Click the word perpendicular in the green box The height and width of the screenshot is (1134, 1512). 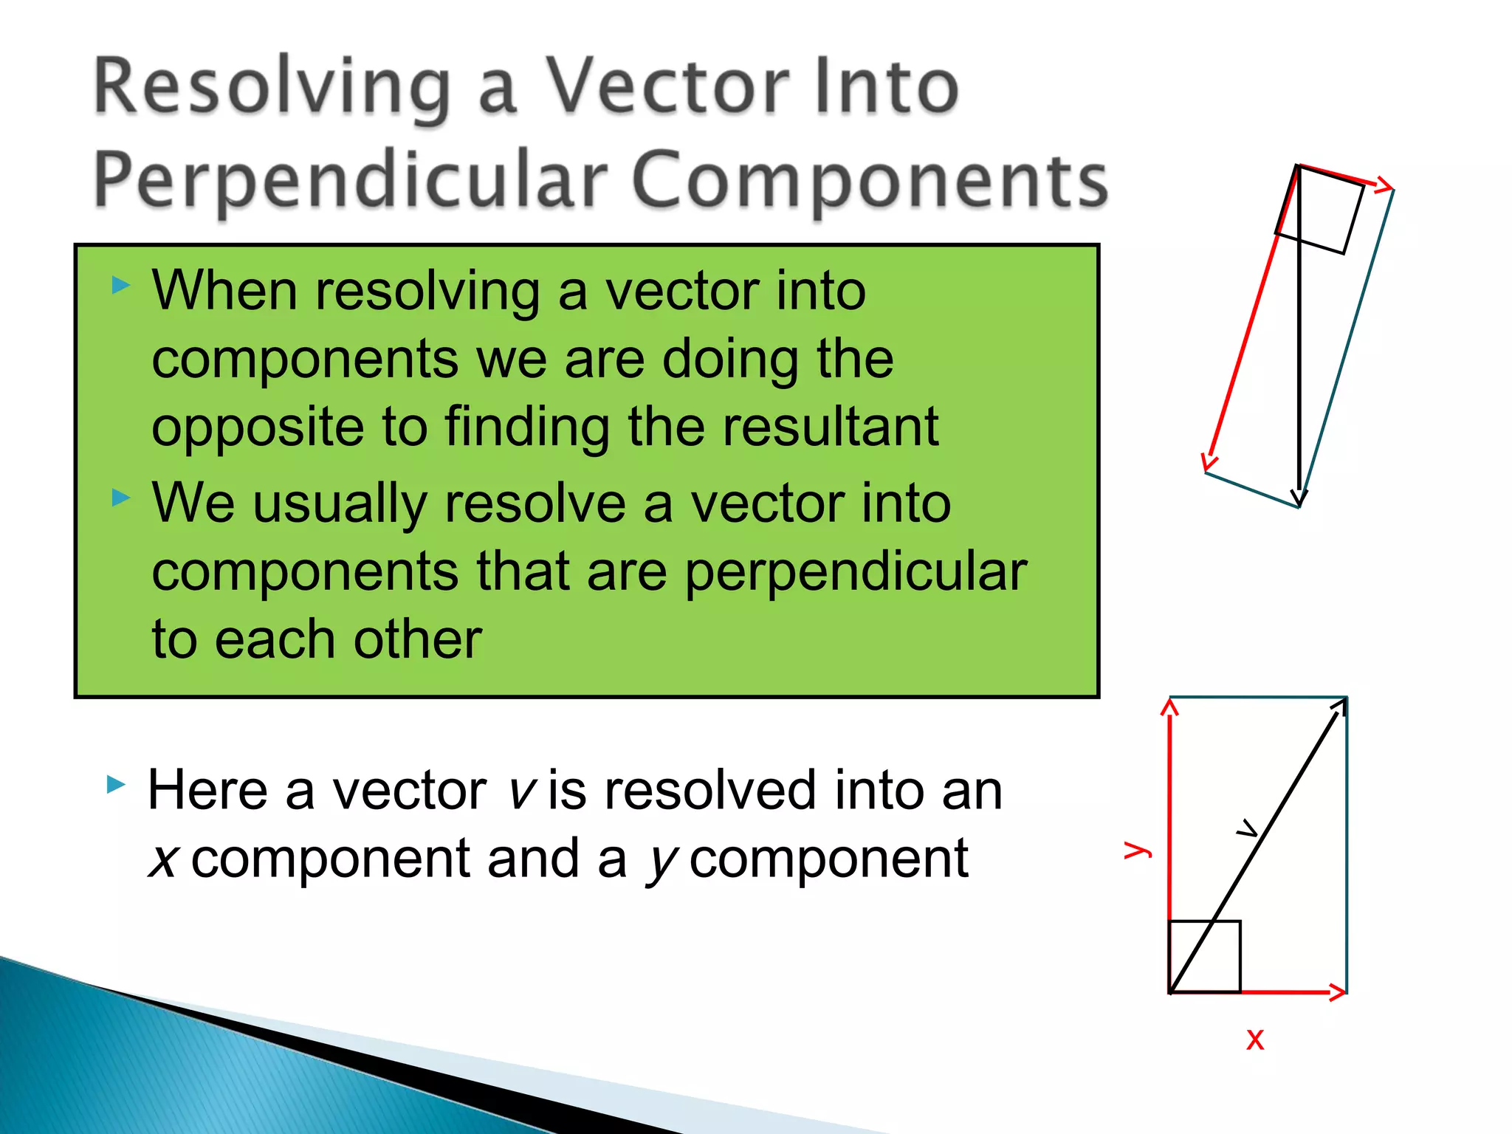click(x=856, y=572)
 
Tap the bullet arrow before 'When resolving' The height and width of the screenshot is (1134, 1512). click(x=121, y=285)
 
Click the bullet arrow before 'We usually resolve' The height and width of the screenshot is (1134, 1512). click(x=121, y=498)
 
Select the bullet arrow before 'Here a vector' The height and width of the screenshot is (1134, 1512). click(x=117, y=784)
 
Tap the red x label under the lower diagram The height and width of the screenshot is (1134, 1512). click(x=1255, y=1039)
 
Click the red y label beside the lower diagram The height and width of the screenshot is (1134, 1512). click(x=1137, y=849)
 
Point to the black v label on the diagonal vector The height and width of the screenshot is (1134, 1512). click(x=1247, y=830)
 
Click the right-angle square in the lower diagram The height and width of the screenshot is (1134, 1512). click(x=1205, y=957)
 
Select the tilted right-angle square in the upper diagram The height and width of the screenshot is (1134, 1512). click(x=1320, y=210)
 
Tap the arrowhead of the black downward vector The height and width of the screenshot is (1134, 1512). click(x=1299, y=498)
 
